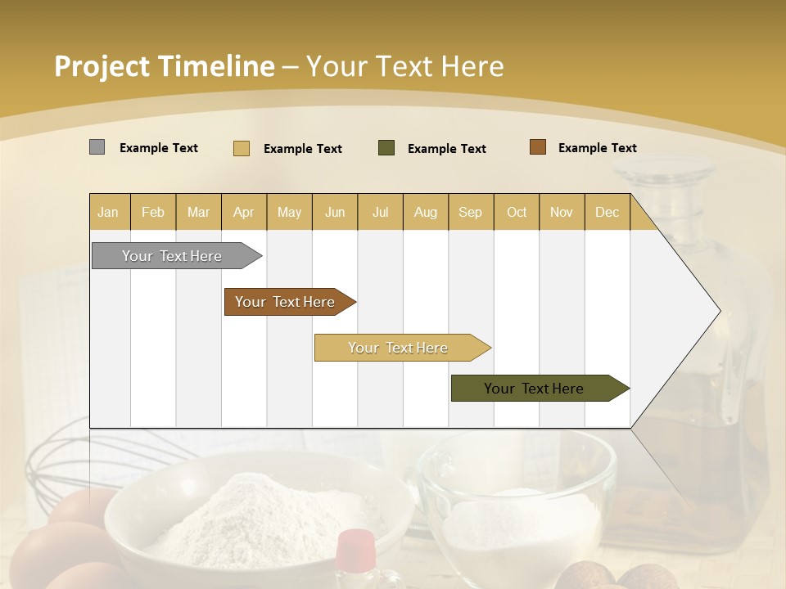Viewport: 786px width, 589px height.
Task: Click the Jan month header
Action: click(x=108, y=212)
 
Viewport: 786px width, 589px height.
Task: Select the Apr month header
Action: click(x=243, y=212)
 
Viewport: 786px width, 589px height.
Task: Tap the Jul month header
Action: click(x=380, y=212)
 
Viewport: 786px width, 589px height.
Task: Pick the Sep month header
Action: click(x=470, y=212)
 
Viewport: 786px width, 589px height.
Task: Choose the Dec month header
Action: click(x=607, y=212)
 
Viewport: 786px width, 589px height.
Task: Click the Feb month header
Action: click(x=153, y=212)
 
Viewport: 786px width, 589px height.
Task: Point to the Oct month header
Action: click(x=517, y=212)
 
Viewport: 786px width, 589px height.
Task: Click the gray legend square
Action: click(x=97, y=147)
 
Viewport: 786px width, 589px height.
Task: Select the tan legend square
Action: click(x=242, y=148)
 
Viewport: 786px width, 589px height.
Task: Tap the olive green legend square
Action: click(x=386, y=147)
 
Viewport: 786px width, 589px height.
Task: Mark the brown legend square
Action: click(x=538, y=147)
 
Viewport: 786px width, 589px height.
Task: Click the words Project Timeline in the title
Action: click(x=165, y=66)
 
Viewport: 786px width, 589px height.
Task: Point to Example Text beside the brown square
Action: click(x=597, y=148)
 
